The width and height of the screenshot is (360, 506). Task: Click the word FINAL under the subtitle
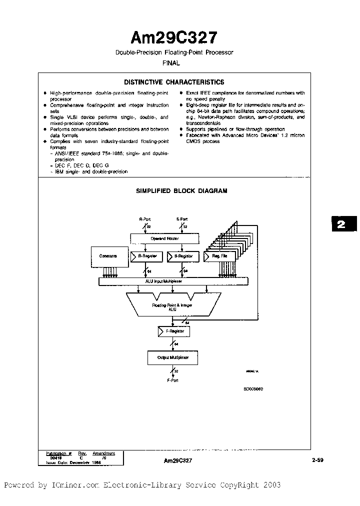coord(171,63)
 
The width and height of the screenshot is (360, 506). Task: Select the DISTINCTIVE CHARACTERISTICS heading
coord(174,82)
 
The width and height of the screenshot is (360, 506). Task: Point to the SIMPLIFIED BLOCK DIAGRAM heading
coord(181,190)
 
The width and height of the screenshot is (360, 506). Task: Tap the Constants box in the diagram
coord(108,256)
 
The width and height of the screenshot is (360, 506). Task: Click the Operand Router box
coord(165,238)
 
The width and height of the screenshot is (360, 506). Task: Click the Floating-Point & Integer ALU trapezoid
coord(172,306)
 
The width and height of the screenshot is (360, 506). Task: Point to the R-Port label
coord(145,219)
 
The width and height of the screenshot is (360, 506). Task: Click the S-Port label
coord(181,219)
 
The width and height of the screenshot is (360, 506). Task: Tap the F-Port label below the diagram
coord(172,380)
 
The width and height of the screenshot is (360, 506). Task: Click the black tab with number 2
coord(341,224)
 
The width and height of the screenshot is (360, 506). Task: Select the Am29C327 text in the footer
coord(177,461)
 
